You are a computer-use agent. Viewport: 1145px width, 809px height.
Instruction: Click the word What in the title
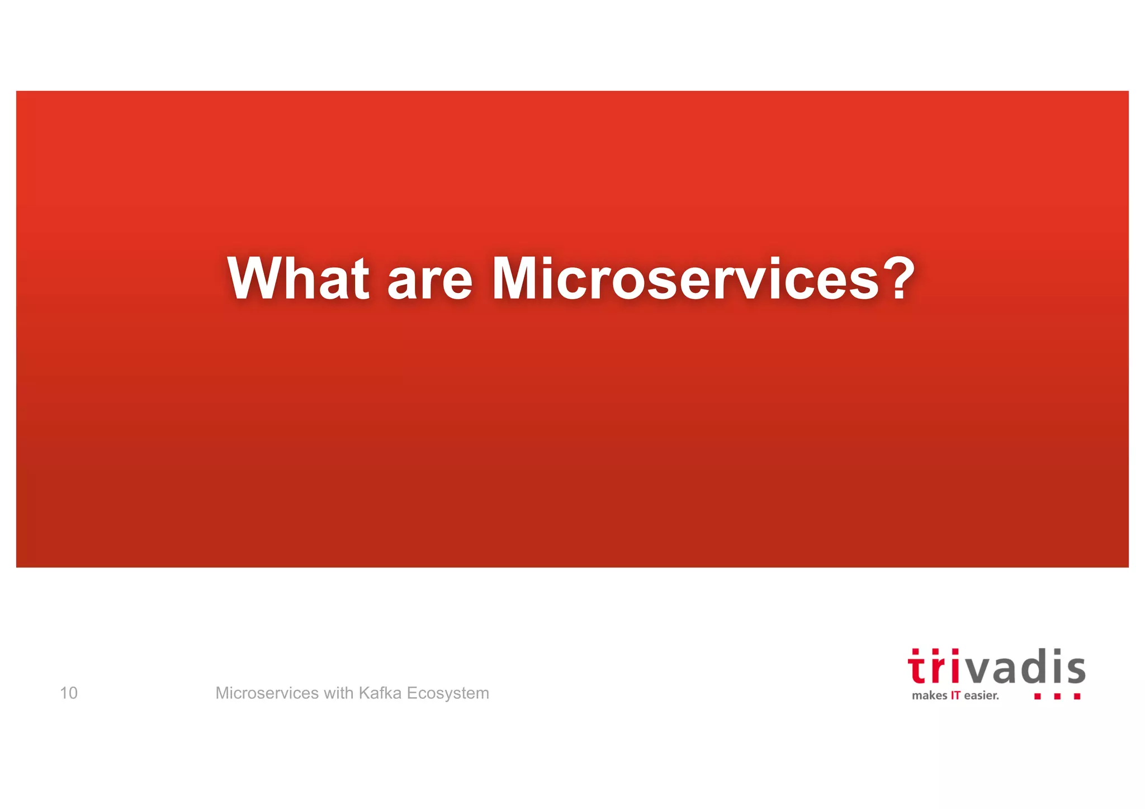coord(298,278)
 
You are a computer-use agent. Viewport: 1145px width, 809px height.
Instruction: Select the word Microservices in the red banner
coord(685,278)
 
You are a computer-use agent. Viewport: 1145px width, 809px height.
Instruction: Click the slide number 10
coord(69,693)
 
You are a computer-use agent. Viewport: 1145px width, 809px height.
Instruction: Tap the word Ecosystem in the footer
coord(448,693)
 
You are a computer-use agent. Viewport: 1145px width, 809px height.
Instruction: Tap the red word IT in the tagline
coord(955,696)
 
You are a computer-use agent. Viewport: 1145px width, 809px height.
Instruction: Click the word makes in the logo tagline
coord(929,696)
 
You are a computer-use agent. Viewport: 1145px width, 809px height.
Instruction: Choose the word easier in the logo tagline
coord(981,696)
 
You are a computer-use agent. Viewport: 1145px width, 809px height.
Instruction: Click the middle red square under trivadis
coord(1057,697)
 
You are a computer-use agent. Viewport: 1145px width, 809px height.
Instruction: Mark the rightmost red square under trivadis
coord(1077,697)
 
